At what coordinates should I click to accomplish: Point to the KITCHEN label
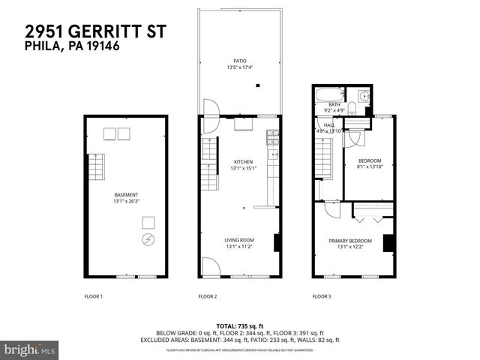(242, 162)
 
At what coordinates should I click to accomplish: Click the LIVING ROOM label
(240, 241)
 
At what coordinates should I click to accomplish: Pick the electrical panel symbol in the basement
(148, 240)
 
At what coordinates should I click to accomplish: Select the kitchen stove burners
(273, 138)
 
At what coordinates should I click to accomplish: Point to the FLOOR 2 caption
(208, 297)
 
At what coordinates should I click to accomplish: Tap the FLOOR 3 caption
(322, 297)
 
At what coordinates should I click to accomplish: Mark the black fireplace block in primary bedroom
(388, 244)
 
